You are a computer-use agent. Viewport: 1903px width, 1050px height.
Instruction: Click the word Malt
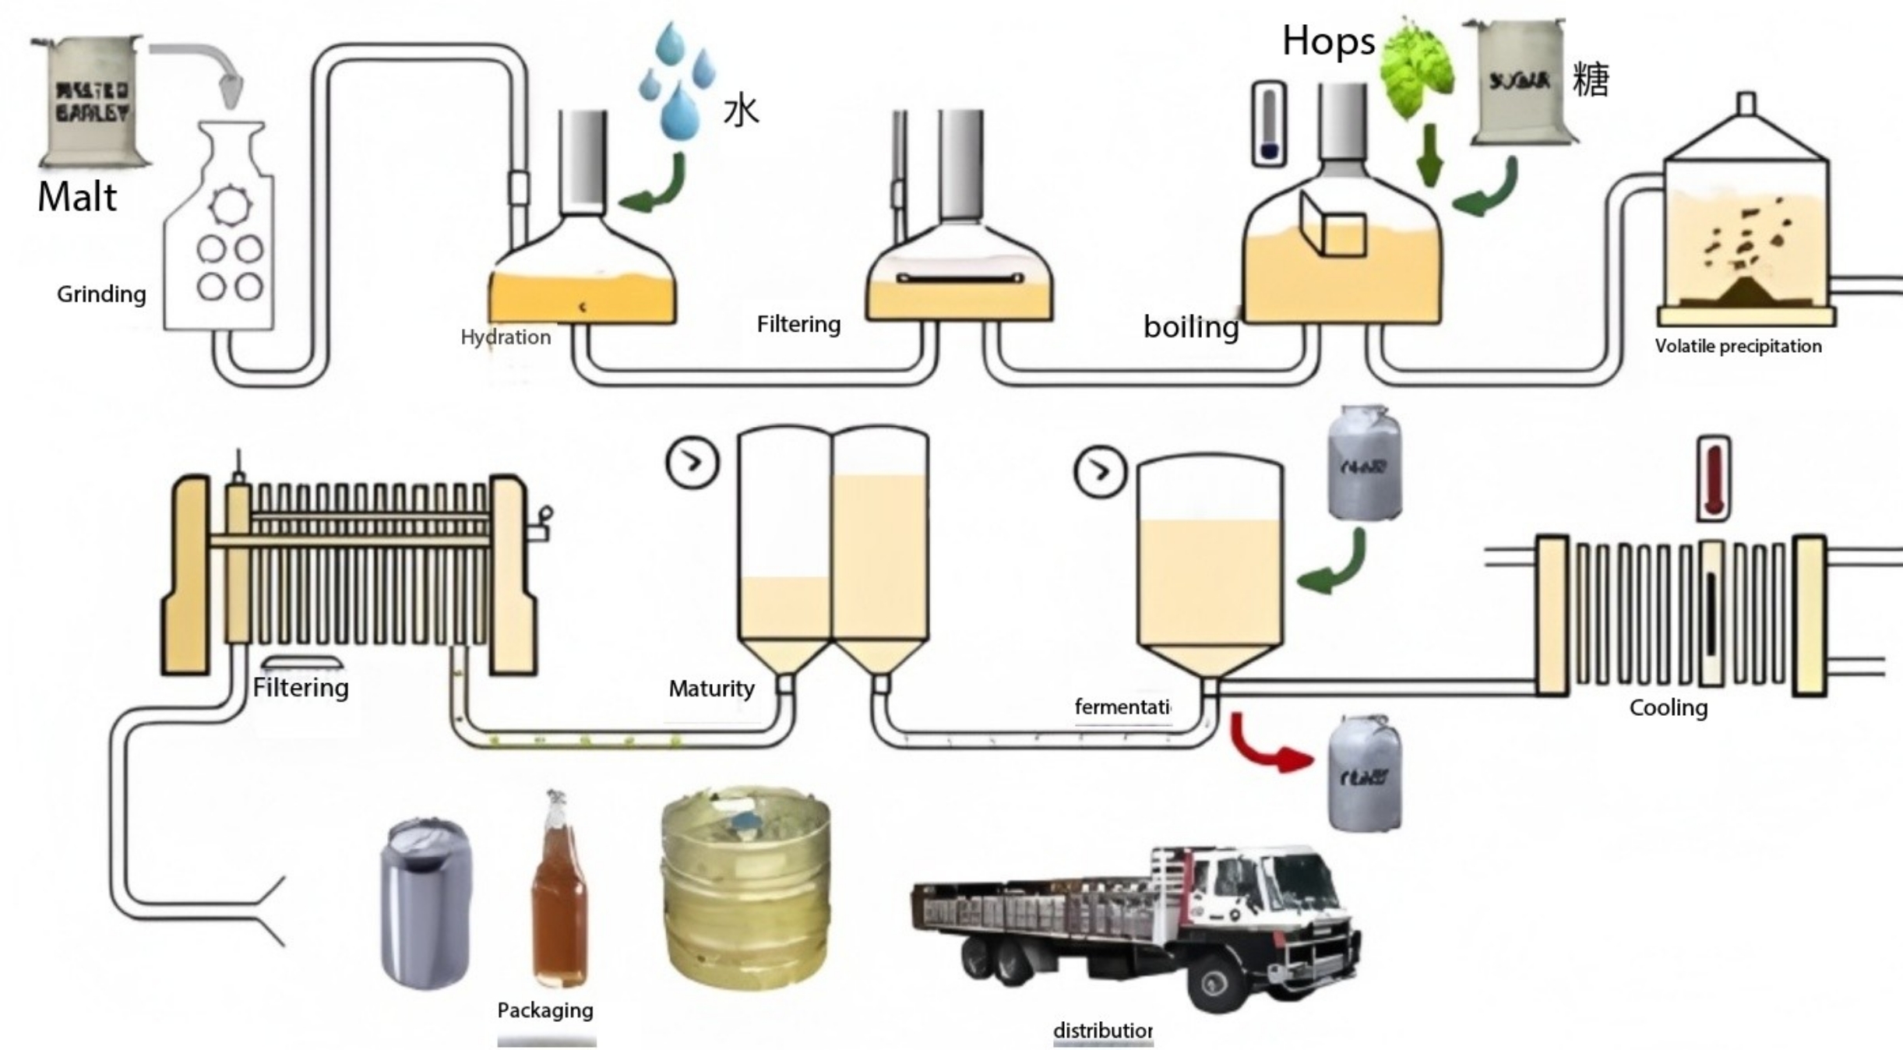click(x=77, y=197)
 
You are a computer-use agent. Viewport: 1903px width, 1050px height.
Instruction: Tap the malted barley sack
click(x=93, y=101)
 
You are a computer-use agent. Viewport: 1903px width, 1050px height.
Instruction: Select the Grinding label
click(x=101, y=294)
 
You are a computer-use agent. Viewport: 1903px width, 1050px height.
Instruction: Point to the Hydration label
click(x=506, y=337)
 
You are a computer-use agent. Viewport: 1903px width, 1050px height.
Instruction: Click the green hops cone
click(x=1417, y=70)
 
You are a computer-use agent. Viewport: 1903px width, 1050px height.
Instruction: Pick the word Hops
click(x=1328, y=41)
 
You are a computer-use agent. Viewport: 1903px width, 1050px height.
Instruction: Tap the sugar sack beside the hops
click(x=1519, y=82)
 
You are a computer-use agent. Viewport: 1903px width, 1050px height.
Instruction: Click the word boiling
click(x=1190, y=327)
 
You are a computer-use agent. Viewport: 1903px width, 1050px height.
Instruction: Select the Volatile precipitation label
click(x=1738, y=347)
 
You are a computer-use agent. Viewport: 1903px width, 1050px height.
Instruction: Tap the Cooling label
click(x=1668, y=708)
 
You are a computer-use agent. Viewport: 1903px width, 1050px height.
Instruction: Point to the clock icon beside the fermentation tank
click(x=1100, y=471)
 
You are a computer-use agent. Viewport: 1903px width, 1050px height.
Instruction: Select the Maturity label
click(x=711, y=689)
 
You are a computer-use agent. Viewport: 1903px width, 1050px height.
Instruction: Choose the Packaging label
click(x=545, y=1010)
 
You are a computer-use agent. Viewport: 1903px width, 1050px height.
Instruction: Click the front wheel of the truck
click(x=1216, y=985)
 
